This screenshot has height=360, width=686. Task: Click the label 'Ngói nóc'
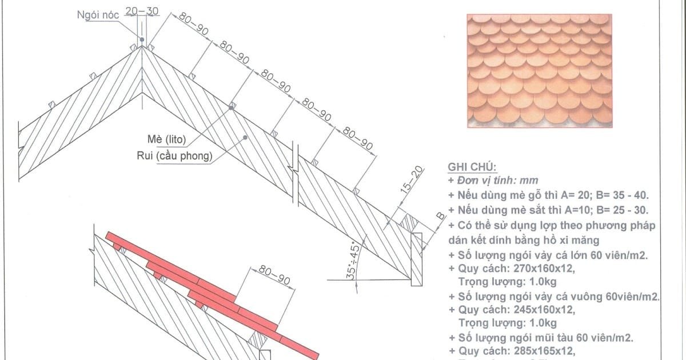pyautogui.click(x=98, y=15)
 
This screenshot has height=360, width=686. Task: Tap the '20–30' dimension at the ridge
pyautogui.click(x=142, y=11)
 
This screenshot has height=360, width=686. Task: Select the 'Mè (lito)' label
pyautogui.click(x=166, y=139)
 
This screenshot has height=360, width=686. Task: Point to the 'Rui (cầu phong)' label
pyautogui.click(x=174, y=156)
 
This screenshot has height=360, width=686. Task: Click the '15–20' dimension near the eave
pyautogui.click(x=412, y=179)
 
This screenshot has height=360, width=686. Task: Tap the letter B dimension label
pyautogui.click(x=440, y=216)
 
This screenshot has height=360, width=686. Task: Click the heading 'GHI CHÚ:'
pyautogui.click(x=472, y=167)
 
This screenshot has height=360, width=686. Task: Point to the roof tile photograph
pyautogui.click(x=539, y=71)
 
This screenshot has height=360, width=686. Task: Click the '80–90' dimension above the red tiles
pyautogui.click(x=274, y=275)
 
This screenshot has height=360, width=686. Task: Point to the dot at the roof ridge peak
pyautogui.click(x=142, y=39)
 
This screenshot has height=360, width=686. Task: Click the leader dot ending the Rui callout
pyautogui.click(x=245, y=138)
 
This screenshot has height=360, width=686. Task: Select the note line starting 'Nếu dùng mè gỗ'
pyautogui.click(x=548, y=195)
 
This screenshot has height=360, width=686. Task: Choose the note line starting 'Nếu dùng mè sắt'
pyautogui.click(x=548, y=210)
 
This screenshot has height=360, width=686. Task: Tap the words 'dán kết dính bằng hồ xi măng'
pyautogui.click(x=524, y=241)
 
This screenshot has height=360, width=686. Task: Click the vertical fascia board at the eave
pyautogui.click(x=417, y=259)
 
